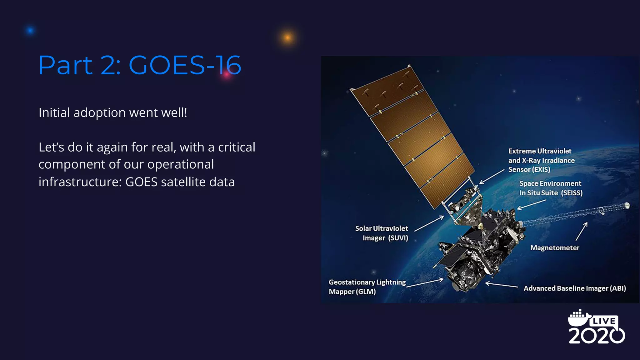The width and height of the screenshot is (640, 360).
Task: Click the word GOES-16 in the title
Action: (185, 65)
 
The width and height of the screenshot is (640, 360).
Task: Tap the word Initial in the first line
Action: (54, 112)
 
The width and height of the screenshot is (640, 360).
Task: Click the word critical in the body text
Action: (237, 147)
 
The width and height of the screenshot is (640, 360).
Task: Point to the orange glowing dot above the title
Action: (287, 38)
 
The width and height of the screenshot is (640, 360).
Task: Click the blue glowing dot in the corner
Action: (30, 31)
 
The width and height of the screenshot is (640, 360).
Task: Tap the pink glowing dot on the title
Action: (227, 75)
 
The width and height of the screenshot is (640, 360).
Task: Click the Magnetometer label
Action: (555, 248)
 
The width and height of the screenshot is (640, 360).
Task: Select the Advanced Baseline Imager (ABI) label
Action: (575, 288)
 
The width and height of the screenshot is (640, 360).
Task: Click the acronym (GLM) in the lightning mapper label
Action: (366, 292)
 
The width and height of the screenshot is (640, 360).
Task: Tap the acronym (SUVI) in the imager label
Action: (398, 238)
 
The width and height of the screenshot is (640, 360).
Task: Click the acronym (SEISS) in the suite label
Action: (572, 193)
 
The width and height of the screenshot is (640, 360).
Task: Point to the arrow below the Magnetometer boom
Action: (582, 231)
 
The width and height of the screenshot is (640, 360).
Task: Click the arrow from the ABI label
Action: (501, 285)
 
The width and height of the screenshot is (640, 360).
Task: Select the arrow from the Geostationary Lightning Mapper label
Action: (425, 282)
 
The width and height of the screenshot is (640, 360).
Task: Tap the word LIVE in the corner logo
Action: (604, 321)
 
